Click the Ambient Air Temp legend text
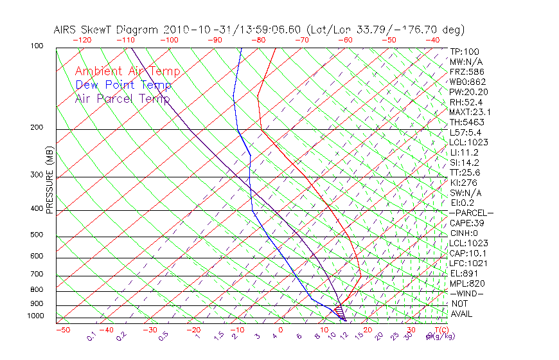click(127, 71)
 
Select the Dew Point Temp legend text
click(123, 85)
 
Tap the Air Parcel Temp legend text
click(122, 98)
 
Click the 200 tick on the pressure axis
click(36, 127)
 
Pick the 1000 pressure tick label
click(35, 316)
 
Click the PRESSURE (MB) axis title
click(49, 180)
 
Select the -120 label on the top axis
click(82, 40)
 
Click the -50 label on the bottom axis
click(62, 330)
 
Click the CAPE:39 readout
click(466, 223)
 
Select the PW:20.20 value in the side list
click(468, 92)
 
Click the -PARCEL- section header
click(471, 213)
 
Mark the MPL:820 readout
click(467, 283)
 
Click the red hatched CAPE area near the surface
click(340, 309)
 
